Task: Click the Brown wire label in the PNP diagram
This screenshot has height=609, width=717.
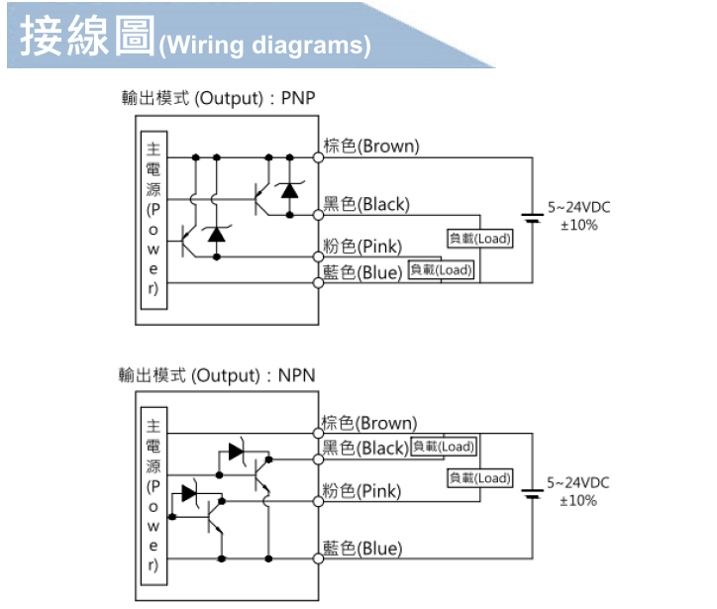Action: click(371, 147)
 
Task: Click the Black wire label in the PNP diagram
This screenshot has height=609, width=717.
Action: click(366, 205)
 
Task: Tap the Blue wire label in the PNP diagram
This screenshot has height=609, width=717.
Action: click(363, 271)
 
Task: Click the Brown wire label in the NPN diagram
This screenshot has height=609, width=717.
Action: click(370, 424)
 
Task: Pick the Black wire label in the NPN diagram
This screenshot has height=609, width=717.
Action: click(365, 448)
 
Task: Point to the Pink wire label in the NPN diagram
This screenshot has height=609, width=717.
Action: click(362, 491)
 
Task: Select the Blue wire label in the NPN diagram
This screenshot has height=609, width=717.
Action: click(362, 549)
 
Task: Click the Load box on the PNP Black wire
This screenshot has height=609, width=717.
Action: click(480, 239)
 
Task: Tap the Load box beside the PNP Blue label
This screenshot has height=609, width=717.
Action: click(442, 270)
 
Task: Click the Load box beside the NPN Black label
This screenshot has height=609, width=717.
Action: click(443, 447)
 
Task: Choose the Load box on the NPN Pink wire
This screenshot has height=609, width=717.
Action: click(480, 478)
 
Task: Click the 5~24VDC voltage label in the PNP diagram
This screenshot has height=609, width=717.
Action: click(579, 208)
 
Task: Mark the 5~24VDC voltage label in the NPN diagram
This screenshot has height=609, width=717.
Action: click(579, 483)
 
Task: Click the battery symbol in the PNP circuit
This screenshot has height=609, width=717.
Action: click(533, 217)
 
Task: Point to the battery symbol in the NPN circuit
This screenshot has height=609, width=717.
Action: click(533, 492)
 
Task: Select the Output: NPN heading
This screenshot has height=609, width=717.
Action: click(217, 375)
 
